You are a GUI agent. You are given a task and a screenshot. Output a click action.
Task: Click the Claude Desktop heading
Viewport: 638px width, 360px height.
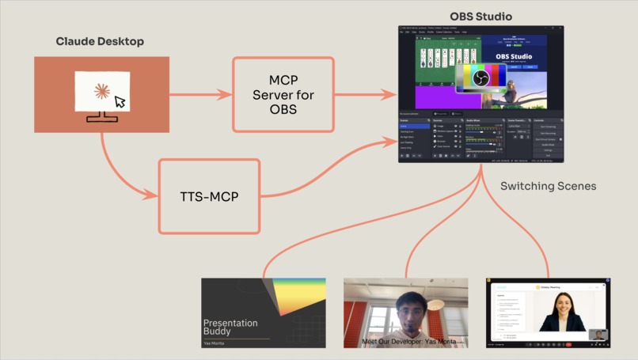pyautogui.click(x=100, y=41)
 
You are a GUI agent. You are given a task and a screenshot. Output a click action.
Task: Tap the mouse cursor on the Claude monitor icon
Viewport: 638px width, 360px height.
pyautogui.click(x=120, y=101)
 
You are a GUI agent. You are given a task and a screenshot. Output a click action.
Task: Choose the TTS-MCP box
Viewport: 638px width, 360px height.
pyautogui.click(x=210, y=196)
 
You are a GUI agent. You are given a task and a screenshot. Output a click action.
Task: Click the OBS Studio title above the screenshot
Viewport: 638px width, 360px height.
pyautogui.click(x=480, y=16)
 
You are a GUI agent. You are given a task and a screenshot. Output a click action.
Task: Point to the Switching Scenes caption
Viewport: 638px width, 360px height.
pyautogui.click(x=549, y=187)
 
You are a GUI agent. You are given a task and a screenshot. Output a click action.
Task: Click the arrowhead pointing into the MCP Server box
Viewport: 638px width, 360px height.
pyautogui.click(x=228, y=95)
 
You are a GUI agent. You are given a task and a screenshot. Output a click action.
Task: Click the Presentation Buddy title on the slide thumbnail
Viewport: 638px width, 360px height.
pyautogui.click(x=230, y=327)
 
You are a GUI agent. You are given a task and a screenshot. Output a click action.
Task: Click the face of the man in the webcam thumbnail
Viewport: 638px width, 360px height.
pyautogui.click(x=406, y=309)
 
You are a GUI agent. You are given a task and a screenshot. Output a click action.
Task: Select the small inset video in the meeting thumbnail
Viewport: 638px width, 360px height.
pyautogui.click(x=598, y=335)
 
